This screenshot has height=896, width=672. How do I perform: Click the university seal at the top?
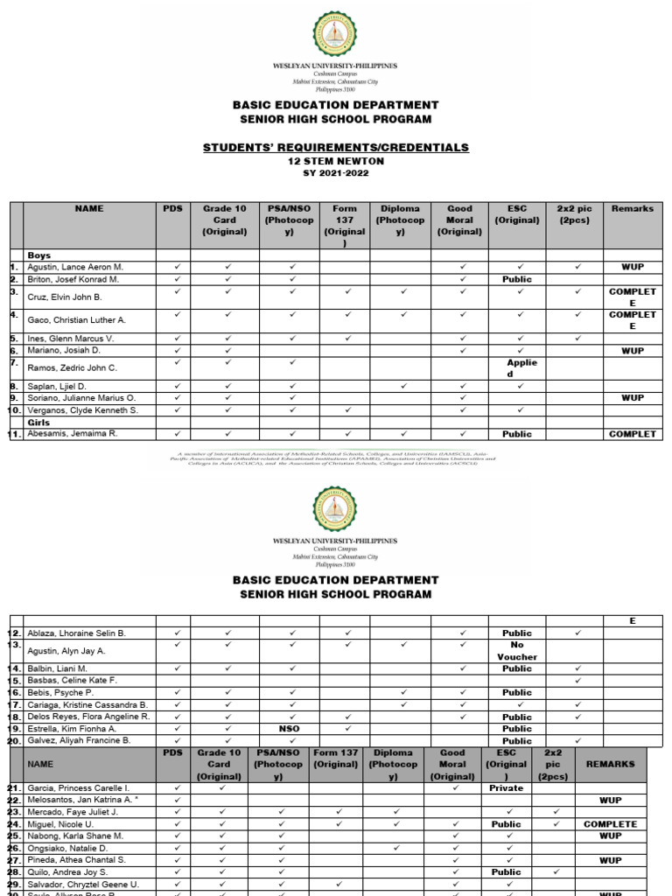pos(335,35)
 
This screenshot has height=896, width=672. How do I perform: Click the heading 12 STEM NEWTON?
pos(336,161)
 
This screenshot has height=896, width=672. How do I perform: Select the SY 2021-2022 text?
pos(336,172)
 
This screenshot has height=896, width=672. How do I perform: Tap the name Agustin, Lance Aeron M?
pos(76,266)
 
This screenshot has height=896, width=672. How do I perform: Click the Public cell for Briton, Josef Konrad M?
pos(517,279)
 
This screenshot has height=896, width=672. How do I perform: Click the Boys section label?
pos(39,255)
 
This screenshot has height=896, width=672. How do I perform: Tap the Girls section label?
pos(39,422)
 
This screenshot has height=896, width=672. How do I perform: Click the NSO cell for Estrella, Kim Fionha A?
pos(290,728)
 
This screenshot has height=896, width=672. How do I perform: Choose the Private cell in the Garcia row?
pos(506,787)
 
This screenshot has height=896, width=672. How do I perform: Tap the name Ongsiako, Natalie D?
pos(68,848)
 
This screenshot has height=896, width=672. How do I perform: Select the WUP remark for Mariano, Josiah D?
pos(633,350)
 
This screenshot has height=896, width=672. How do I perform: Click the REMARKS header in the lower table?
pos(611,764)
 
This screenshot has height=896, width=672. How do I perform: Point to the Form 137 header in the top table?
pos(345,226)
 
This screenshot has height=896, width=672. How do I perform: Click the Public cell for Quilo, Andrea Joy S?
pos(506,871)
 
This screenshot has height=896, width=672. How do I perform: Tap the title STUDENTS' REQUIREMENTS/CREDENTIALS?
pos(336,147)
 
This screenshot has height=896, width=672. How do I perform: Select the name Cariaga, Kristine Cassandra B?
pos(88,704)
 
